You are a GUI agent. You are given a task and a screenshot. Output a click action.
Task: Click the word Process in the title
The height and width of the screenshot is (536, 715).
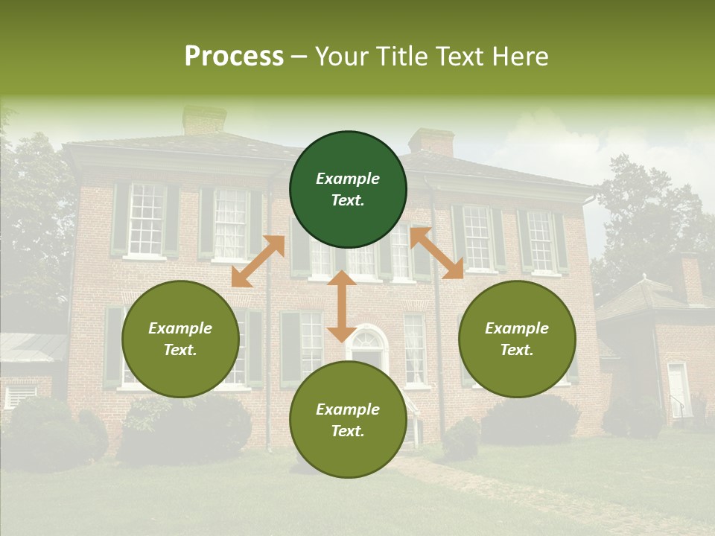click(x=234, y=57)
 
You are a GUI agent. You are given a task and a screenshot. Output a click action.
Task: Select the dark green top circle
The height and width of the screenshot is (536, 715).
click(x=348, y=189)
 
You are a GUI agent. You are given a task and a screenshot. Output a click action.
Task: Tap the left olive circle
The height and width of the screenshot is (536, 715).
click(x=180, y=339)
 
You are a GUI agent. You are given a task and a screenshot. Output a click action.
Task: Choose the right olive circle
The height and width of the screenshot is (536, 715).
click(x=517, y=339)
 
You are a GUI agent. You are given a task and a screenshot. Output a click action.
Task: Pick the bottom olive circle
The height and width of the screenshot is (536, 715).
click(x=348, y=420)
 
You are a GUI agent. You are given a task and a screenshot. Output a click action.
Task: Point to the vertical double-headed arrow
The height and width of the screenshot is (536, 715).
click(x=342, y=306)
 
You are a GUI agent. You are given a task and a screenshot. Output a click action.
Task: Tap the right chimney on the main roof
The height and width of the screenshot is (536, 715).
click(x=431, y=142)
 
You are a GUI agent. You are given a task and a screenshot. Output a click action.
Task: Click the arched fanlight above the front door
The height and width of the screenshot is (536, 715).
click(x=366, y=339)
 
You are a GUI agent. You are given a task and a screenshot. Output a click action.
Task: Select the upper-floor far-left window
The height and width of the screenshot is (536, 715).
click(x=145, y=219)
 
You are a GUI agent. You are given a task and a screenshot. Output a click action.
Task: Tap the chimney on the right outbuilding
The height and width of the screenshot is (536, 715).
click(x=688, y=278)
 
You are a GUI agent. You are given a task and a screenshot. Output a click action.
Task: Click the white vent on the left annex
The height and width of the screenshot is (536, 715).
click(x=20, y=395)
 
